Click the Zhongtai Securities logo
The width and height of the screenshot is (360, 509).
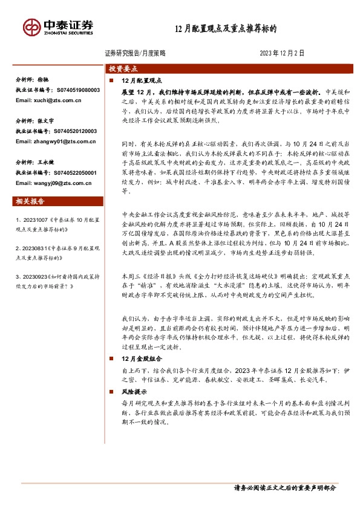click(58, 27)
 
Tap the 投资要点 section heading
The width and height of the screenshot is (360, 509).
click(123, 69)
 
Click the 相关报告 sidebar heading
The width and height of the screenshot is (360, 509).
click(31, 201)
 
